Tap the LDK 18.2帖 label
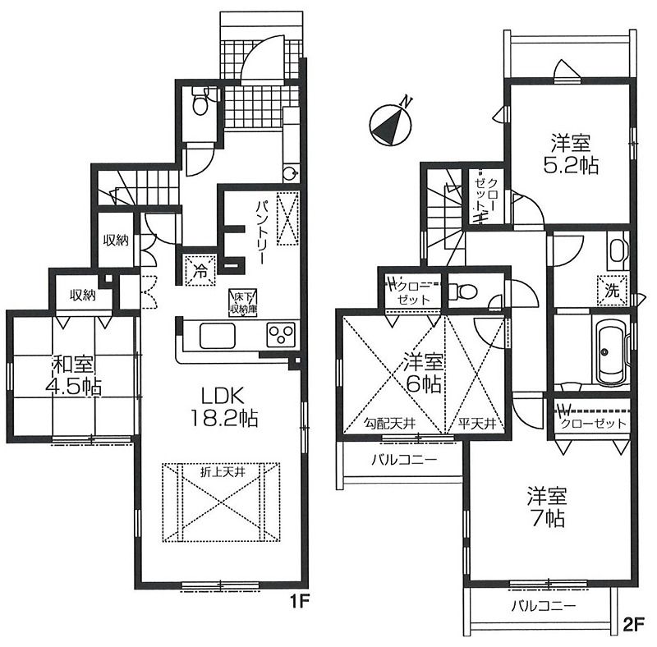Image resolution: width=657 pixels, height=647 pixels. [223, 406]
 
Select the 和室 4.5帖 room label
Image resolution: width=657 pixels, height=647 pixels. [73, 375]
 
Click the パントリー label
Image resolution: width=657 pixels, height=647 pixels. [262, 232]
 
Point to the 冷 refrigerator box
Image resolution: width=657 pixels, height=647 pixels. [200, 271]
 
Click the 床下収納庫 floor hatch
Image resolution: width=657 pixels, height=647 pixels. [242, 302]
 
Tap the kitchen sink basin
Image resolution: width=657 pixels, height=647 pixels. [218, 335]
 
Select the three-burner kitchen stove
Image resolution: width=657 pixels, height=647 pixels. [281, 335]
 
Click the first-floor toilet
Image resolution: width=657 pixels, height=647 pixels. [200, 100]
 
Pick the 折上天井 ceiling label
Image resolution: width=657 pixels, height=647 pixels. [223, 472]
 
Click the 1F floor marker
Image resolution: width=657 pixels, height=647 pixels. [300, 601]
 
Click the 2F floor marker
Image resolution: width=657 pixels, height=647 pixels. [633, 625]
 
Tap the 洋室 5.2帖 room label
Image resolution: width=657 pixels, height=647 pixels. [570, 154]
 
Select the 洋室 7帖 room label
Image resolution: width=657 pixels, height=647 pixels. [547, 507]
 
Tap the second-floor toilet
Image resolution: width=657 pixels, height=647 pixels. [462, 291]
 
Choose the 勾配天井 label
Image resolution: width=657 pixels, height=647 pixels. [389, 424]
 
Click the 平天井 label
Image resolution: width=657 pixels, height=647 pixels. [476, 424]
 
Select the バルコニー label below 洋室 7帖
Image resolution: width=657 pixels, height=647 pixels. [544, 605]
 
